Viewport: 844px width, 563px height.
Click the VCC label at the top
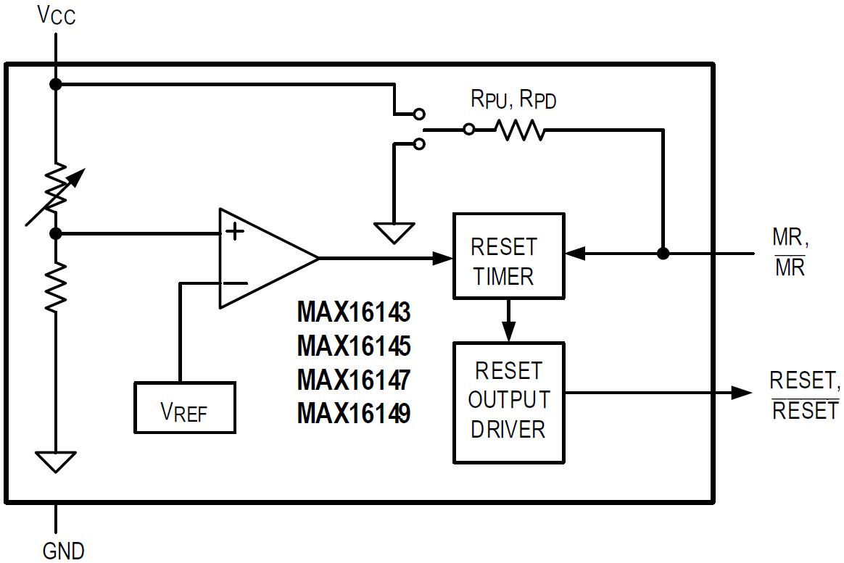point(56,15)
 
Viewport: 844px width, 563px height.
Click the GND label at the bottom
point(63,550)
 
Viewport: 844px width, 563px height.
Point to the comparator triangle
point(261,259)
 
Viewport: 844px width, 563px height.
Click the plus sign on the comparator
point(235,232)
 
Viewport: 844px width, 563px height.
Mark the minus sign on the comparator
point(234,283)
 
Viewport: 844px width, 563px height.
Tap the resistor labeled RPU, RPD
point(519,130)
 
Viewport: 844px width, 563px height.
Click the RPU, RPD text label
point(513,99)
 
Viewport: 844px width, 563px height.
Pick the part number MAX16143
point(354,313)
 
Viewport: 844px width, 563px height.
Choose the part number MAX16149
point(354,413)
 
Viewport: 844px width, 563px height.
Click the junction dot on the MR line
point(662,254)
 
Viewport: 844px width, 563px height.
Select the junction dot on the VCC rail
point(55,85)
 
